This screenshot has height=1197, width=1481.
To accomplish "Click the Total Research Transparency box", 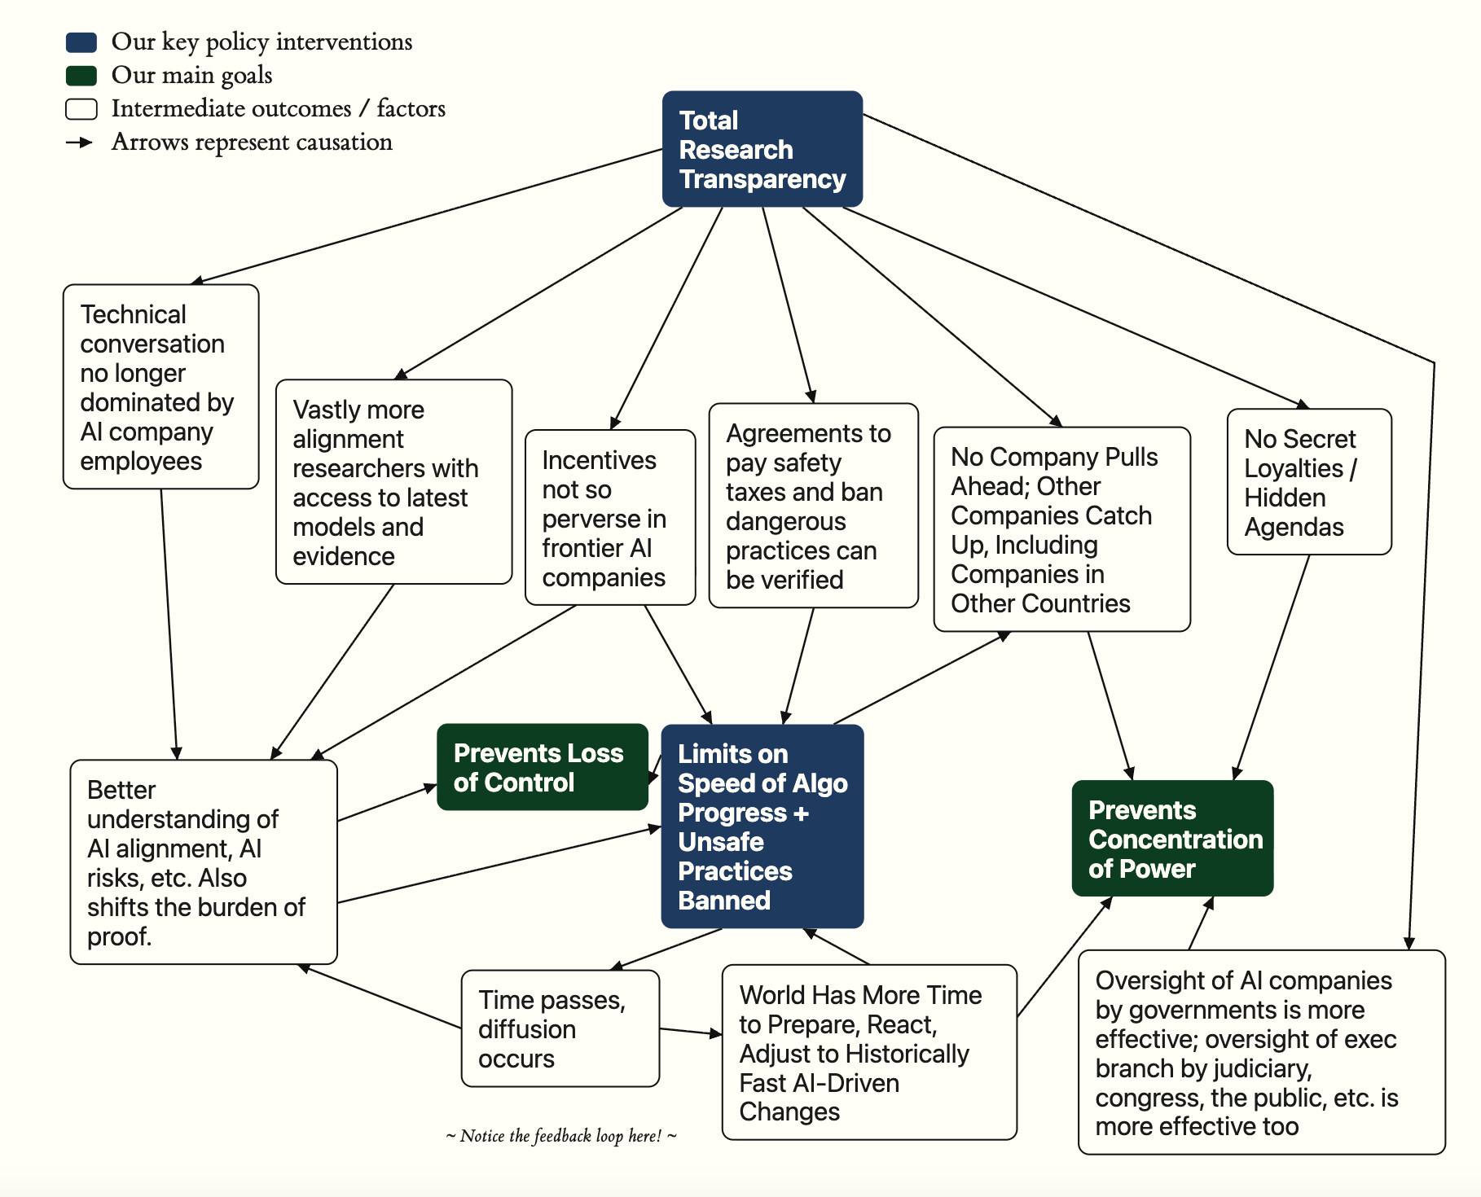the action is (762, 149).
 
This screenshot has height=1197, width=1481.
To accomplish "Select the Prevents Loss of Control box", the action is (543, 767).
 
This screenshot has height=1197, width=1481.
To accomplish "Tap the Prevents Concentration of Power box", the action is (1172, 838).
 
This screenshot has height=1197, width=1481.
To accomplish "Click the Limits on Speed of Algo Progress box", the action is (762, 826).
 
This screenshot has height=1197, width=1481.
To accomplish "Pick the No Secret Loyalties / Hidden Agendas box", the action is (1309, 482).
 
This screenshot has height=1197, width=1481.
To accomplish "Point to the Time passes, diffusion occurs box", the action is (560, 1028).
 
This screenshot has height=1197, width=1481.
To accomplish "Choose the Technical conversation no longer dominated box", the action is (161, 387).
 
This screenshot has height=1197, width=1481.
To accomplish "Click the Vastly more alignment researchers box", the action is (394, 482).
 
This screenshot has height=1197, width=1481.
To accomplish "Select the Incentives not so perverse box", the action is (610, 518).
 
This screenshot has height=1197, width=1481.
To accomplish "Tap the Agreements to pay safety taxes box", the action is (814, 506).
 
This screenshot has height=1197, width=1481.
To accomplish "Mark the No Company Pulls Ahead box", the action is (1062, 529).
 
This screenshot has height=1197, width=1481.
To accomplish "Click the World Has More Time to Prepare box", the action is (870, 1052).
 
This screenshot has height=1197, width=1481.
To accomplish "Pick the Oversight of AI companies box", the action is (1262, 1052).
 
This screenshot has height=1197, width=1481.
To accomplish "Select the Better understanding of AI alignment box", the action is (204, 862).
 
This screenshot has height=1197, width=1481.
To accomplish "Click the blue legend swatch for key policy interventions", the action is (81, 42).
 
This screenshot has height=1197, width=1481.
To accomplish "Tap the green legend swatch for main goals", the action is (81, 76).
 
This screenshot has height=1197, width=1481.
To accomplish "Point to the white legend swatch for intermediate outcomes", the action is (81, 109).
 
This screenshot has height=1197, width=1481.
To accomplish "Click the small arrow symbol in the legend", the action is (80, 142).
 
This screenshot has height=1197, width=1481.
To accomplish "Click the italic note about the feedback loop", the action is (561, 1136).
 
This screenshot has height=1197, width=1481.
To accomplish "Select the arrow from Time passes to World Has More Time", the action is (691, 1032).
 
